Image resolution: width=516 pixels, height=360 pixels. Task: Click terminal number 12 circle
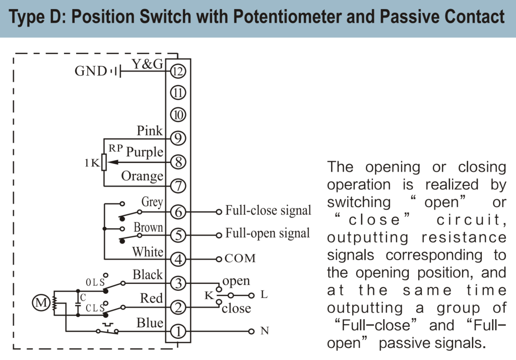[x=178, y=71]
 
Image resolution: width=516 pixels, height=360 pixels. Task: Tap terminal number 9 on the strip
[x=178, y=138]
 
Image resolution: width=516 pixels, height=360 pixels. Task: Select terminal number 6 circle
[x=178, y=212]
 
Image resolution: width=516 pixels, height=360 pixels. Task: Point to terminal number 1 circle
[x=178, y=331]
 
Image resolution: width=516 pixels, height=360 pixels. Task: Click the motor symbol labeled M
[x=39, y=303]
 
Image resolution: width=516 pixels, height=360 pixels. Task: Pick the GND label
[x=91, y=71]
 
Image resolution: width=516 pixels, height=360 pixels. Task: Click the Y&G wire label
[x=147, y=64]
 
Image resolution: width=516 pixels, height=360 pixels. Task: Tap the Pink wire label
[x=150, y=131]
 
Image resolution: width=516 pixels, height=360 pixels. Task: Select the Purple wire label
[x=145, y=152]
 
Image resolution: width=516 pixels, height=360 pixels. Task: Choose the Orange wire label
[x=142, y=176]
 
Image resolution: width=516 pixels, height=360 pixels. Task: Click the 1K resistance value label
[x=92, y=163]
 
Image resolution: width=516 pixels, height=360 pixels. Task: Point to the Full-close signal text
[x=268, y=210]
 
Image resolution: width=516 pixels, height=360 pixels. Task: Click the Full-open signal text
[x=268, y=234]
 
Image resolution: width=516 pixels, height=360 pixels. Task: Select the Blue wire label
[x=150, y=323]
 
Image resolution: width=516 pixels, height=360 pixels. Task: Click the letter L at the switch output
[x=264, y=295]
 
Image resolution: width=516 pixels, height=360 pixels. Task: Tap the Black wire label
[x=148, y=275]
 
